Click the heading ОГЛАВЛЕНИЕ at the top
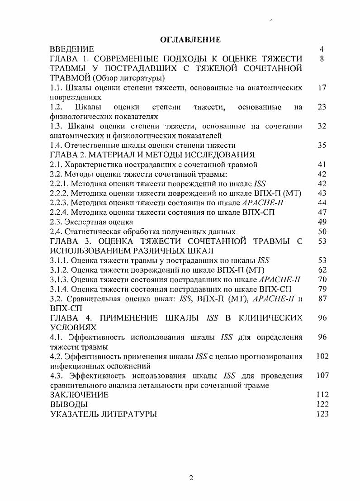coord(190,40)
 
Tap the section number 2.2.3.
coord(59,203)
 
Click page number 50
coord(322,232)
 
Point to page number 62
coord(322,270)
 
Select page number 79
coord(322,289)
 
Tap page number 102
coord(322,356)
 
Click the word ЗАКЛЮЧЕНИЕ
coord(79,395)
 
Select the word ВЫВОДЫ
coord(68,404)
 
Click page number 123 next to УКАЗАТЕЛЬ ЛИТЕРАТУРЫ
coord(322,414)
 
